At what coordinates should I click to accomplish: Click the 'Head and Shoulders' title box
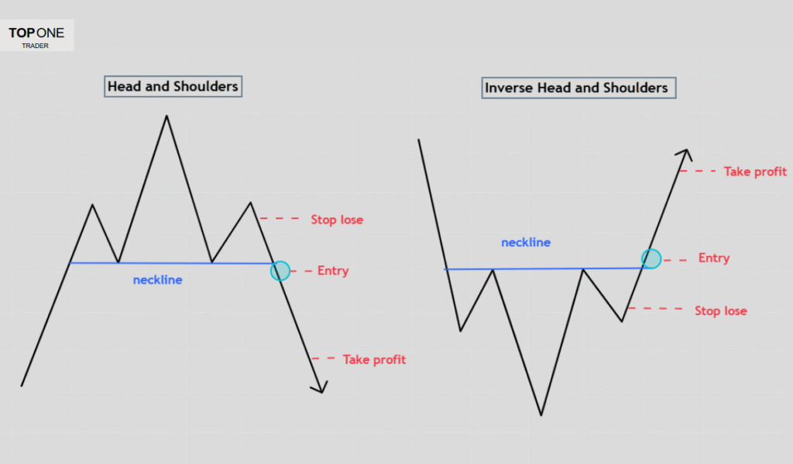tap(173, 86)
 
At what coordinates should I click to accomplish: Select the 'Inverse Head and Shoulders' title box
tap(576, 88)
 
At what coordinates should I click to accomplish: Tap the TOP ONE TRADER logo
tap(37, 36)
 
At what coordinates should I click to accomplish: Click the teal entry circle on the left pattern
tap(280, 270)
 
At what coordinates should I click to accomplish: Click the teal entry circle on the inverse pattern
tap(651, 259)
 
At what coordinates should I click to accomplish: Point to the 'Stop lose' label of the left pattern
tap(337, 220)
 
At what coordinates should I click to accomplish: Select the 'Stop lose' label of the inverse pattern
tap(720, 311)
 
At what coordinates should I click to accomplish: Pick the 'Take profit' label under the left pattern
tap(374, 359)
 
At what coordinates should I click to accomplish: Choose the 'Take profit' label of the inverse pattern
tap(755, 171)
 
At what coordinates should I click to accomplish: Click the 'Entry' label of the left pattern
tap(333, 271)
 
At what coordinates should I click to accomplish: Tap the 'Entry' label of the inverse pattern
tap(713, 258)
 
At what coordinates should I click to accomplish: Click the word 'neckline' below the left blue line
tap(158, 280)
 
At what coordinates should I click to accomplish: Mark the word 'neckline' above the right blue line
tap(526, 242)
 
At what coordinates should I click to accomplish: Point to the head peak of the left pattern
tap(166, 116)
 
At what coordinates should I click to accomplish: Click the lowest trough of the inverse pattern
tap(541, 415)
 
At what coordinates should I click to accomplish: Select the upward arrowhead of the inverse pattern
tap(684, 153)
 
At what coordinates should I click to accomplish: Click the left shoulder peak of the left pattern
tap(93, 205)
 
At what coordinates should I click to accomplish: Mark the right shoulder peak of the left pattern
tap(251, 203)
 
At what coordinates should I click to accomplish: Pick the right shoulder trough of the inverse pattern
tap(623, 321)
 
